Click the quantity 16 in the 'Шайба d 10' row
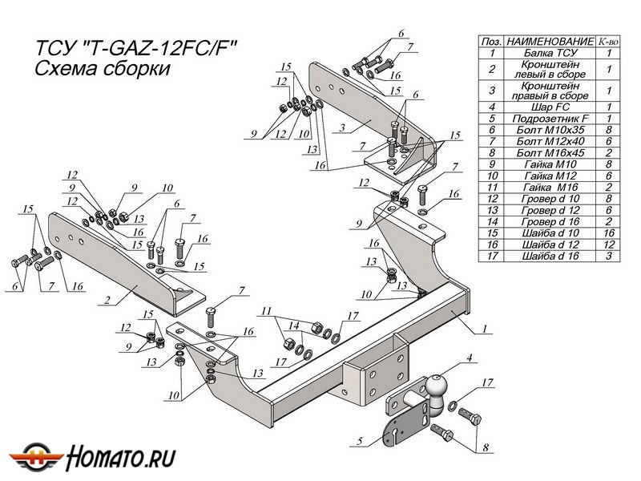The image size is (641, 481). (x=609, y=232)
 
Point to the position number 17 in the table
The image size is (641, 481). (x=490, y=256)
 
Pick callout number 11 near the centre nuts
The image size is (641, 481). (x=267, y=310)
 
